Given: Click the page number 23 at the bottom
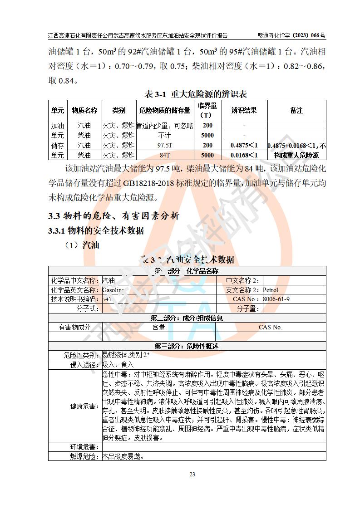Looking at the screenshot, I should (192, 475).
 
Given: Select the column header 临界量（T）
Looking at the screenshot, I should (207, 110).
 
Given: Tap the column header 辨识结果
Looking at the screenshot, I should (244, 110).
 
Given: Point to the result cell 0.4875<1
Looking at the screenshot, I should (244, 145).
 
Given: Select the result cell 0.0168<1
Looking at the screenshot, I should (244, 155).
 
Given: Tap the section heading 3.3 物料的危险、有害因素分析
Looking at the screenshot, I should (114, 216).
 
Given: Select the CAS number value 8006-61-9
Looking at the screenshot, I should (276, 299).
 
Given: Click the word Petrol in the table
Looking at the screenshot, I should (271, 290).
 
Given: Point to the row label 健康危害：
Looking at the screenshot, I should (84, 406).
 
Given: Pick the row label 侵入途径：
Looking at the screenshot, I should (84, 364).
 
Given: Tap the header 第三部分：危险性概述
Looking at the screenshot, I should (187, 346).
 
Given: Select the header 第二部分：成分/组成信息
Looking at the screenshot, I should (187, 318).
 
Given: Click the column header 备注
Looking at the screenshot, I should (296, 110).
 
